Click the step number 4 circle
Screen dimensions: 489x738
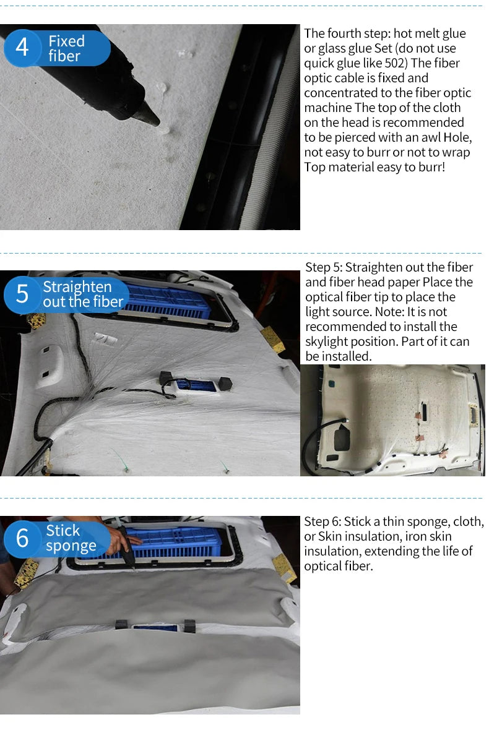22,48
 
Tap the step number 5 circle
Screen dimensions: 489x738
22,294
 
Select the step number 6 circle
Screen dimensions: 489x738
22,539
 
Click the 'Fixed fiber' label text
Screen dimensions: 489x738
66,48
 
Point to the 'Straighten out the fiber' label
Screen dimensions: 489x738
83,294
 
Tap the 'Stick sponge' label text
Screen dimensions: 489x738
71,538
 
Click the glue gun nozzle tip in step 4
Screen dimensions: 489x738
158,123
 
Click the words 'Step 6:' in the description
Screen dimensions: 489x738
322,521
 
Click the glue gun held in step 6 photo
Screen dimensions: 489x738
126,548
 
